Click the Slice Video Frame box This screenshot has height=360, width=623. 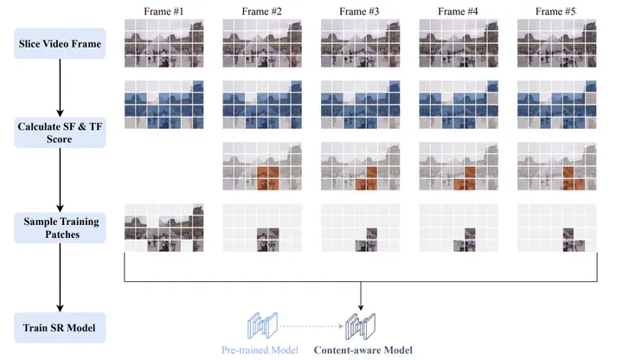(x=60, y=44)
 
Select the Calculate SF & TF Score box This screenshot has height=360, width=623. (x=60, y=132)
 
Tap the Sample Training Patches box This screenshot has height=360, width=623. (x=60, y=228)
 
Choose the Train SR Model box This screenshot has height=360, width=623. (x=60, y=328)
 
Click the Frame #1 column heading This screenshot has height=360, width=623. (x=164, y=11)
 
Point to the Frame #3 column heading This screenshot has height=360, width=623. (x=359, y=11)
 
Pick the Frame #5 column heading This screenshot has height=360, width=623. (x=556, y=11)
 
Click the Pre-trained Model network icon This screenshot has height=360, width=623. (x=262, y=325)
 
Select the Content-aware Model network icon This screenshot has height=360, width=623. (x=360, y=326)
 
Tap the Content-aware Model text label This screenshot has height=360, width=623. (x=363, y=350)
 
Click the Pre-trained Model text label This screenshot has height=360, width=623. (x=260, y=350)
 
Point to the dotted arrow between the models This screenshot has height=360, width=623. (x=311, y=326)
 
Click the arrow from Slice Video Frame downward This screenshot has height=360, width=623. (x=60, y=87)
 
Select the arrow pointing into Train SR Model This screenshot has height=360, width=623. (x=60, y=277)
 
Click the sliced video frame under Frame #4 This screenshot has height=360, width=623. (x=459, y=43)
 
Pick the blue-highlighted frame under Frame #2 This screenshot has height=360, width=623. (x=262, y=105)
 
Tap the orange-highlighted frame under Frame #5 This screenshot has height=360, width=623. (x=556, y=166)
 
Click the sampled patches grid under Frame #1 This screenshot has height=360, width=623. (x=164, y=228)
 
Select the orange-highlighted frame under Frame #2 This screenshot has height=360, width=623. (x=262, y=166)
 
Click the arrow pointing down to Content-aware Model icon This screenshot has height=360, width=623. (x=361, y=296)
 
